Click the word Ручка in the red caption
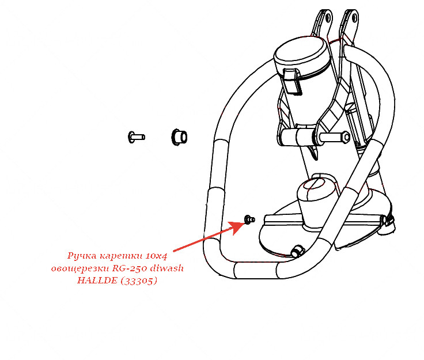click(82, 256)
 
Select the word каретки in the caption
click(121, 256)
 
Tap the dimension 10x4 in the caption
click(157, 256)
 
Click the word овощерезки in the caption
click(79, 268)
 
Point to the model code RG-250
click(130, 268)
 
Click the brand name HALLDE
click(97, 281)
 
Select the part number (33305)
click(139, 281)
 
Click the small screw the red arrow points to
click(249, 219)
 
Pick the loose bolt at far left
click(137, 137)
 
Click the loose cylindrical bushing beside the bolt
click(179, 137)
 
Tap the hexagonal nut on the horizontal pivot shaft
click(346, 137)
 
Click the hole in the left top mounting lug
click(328, 17)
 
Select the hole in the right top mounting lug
click(354, 18)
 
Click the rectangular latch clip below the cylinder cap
click(292, 82)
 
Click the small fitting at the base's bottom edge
click(297, 251)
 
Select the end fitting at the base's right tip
click(388, 223)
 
